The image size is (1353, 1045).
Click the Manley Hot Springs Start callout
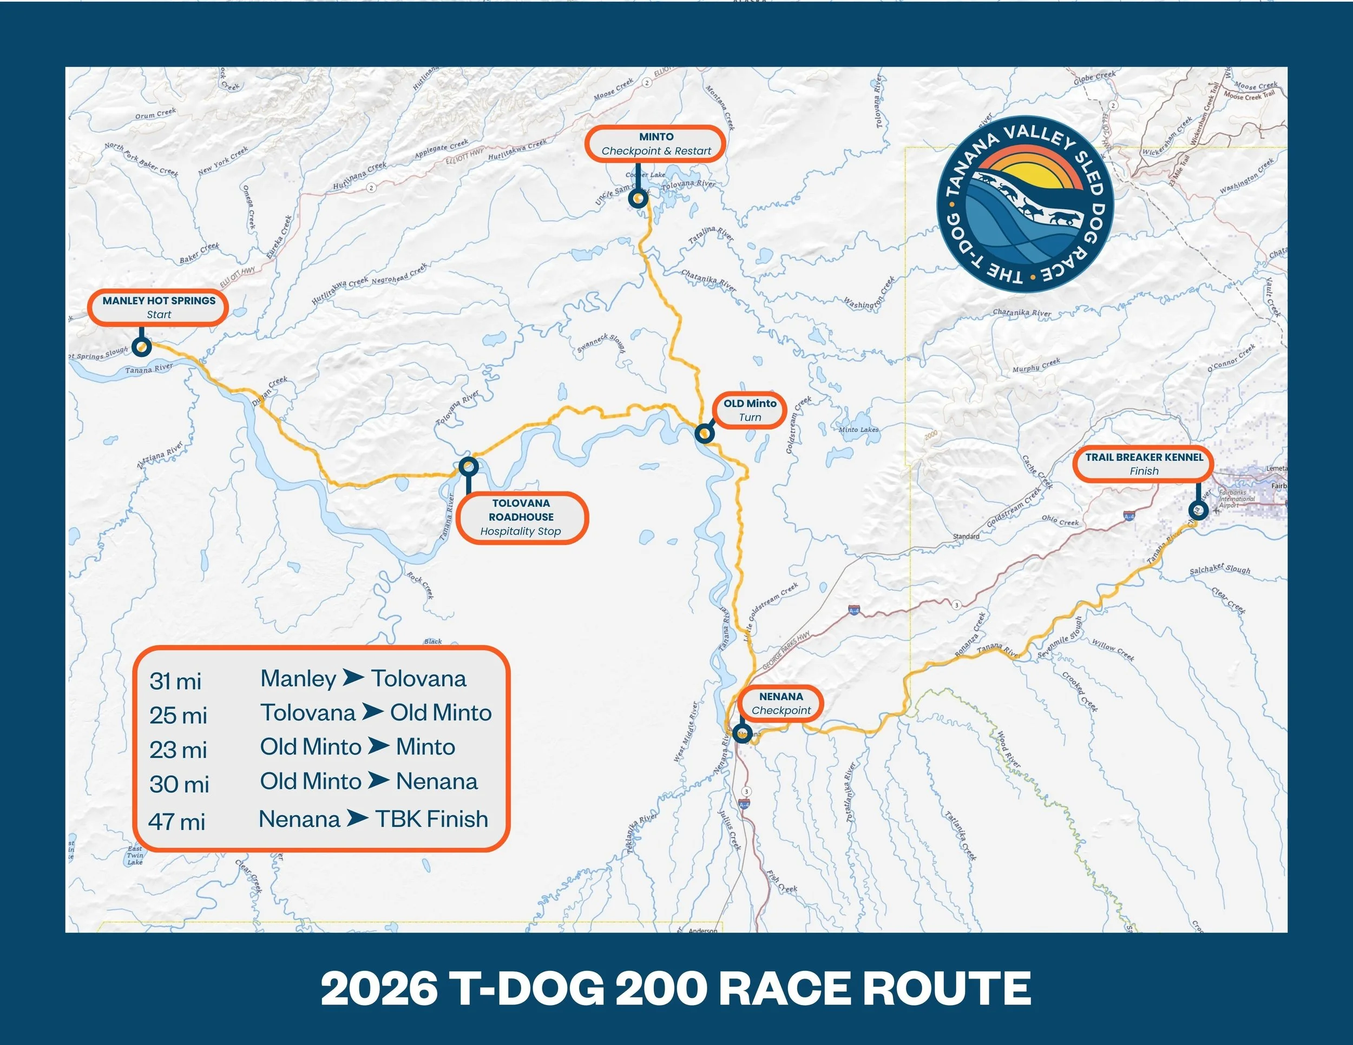[158, 308]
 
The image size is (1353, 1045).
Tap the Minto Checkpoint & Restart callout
[655, 144]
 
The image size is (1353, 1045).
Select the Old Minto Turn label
[750, 410]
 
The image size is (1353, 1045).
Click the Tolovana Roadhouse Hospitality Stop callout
[521, 518]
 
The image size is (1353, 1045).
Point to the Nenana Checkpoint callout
[780, 703]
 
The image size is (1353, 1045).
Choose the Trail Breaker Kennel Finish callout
[1143, 464]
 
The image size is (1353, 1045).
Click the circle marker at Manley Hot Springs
[142, 347]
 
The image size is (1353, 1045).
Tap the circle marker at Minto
[638, 199]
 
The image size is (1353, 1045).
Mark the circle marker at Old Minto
[705, 433]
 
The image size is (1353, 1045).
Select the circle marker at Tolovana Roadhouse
[468, 466]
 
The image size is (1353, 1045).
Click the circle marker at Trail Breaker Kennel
[1198, 510]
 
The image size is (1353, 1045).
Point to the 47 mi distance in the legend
[176, 822]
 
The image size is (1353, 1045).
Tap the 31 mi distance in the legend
[175, 681]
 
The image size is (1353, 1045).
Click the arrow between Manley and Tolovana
[353, 678]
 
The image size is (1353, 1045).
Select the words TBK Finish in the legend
[432, 819]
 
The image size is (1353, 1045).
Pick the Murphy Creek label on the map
[1036, 365]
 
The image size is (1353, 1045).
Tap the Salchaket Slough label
[1220, 568]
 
